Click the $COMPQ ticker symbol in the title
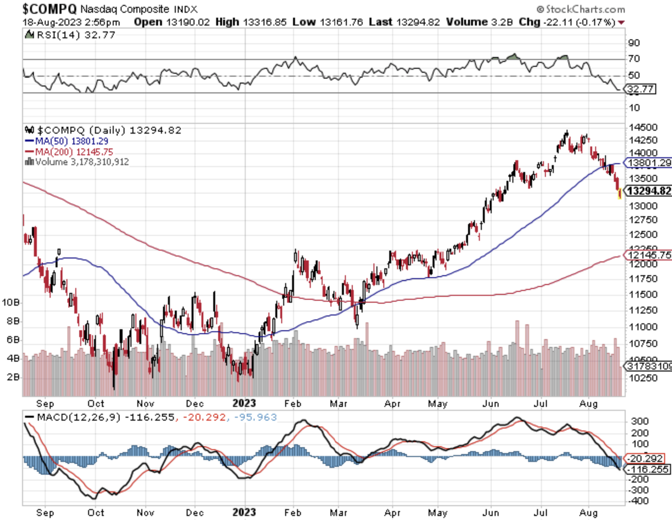point(50,9)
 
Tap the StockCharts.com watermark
point(581,9)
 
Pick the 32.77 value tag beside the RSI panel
point(641,89)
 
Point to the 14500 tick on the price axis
point(643,127)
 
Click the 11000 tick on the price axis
point(643,327)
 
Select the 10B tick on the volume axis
point(11,302)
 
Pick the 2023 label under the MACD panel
point(244,512)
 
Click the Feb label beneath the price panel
point(292,403)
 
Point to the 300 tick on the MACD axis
point(640,421)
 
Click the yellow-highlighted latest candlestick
point(619,194)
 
